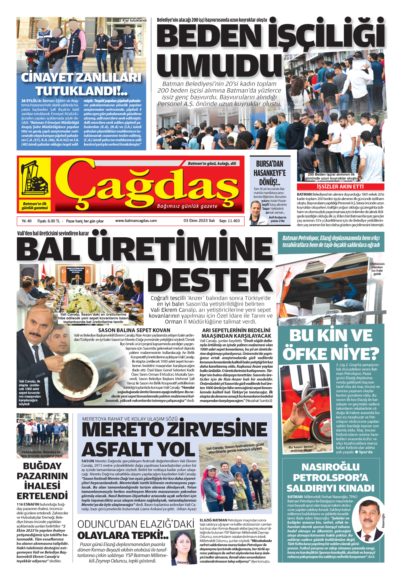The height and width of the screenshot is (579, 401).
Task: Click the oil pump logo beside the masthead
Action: [x=35, y=180]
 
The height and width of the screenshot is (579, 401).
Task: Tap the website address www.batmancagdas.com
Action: [x=136, y=221]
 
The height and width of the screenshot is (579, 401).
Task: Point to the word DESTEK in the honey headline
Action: [x=210, y=280]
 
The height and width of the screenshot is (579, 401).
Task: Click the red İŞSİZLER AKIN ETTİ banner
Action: [x=340, y=187]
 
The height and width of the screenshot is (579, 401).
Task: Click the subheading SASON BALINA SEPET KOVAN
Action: [x=134, y=330]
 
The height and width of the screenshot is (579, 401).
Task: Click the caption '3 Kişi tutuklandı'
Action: [x=132, y=20]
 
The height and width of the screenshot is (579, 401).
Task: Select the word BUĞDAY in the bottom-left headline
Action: [x=42, y=466]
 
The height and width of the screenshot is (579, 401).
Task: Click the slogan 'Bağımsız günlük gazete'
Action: [x=187, y=206]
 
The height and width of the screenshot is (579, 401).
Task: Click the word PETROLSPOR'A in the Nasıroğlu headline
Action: [x=330, y=478]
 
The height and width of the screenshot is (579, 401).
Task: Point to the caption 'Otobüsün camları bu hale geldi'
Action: [x=377, y=269]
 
